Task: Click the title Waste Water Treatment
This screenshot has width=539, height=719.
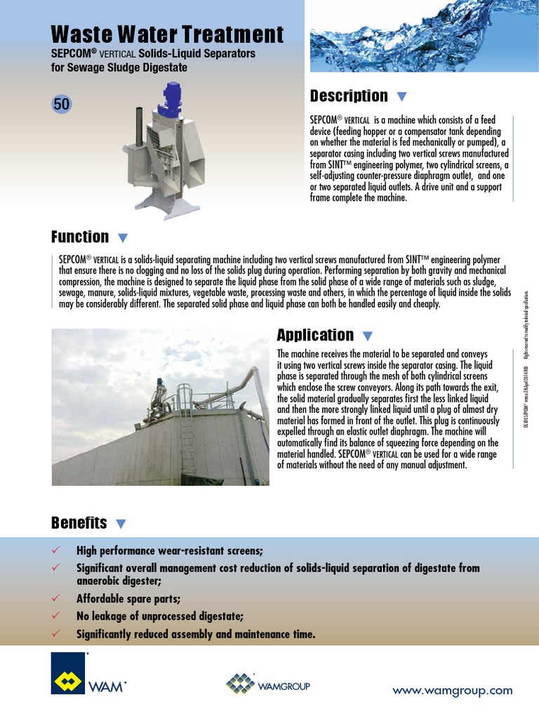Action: click(x=168, y=34)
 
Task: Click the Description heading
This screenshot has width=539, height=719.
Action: click(x=349, y=95)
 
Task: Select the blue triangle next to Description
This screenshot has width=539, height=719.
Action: click(x=401, y=96)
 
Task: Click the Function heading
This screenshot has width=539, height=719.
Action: click(x=80, y=237)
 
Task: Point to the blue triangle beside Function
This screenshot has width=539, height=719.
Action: click(x=123, y=237)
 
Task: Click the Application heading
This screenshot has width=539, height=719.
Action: click(x=315, y=334)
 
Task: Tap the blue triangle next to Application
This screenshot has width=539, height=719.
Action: click(x=368, y=336)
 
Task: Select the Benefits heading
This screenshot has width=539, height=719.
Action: click(x=79, y=522)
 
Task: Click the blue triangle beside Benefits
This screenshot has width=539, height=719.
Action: click(x=121, y=524)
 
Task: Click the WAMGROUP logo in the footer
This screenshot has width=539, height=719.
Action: click(x=268, y=685)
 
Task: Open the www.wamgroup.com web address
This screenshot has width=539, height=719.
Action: click(x=453, y=690)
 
